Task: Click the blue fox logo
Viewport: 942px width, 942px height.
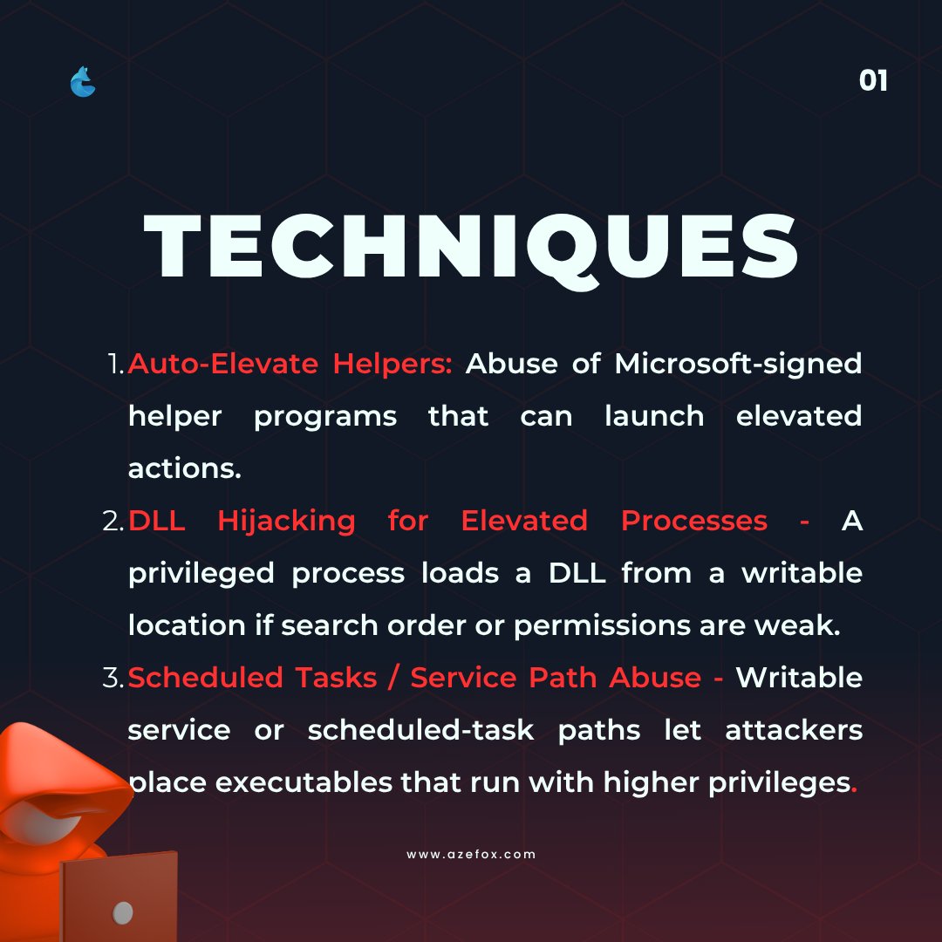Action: pyautogui.click(x=83, y=82)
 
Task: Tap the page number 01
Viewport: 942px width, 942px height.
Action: pyautogui.click(x=873, y=81)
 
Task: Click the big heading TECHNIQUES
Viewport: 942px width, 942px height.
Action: pyautogui.click(x=471, y=247)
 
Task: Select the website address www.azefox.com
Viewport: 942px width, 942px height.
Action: pyautogui.click(x=471, y=854)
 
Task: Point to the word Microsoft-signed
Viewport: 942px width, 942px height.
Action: pyautogui.click(x=738, y=364)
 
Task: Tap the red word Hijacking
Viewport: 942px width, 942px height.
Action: pyautogui.click(x=286, y=521)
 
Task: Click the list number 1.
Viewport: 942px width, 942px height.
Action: pyautogui.click(x=116, y=365)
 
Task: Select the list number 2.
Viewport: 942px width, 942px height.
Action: pyautogui.click(x=114, y=522)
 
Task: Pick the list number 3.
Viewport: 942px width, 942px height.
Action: pyautogui.click(x=114, y=679)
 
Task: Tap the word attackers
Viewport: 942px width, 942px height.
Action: pyautogui.click(x=794, y=730)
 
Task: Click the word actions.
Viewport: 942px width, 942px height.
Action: pyautogui.click(x=184, y=468)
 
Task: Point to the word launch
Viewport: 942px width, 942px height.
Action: pyautogui.click(x=654, y=416)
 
